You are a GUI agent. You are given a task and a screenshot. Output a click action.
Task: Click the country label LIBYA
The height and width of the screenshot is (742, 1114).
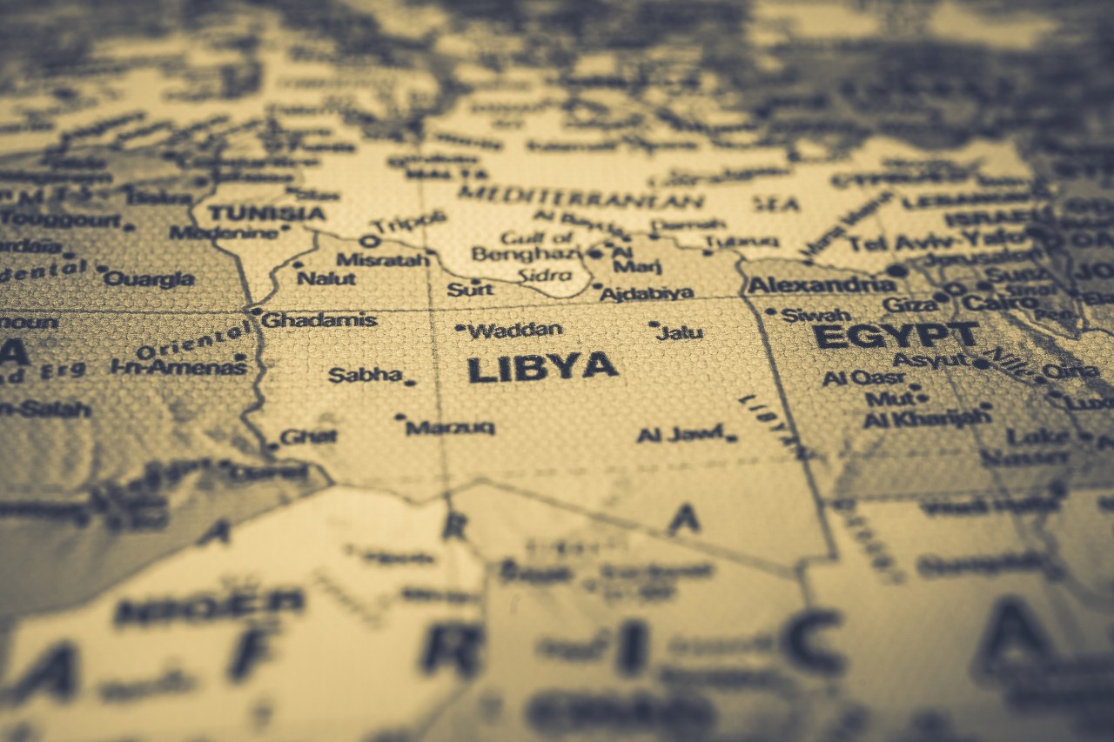(x=542, y=367)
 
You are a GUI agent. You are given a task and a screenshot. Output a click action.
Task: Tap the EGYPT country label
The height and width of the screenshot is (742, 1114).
(x=896, y=336)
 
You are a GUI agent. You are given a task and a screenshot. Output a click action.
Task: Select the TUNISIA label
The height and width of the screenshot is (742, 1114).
(x=266, y=213)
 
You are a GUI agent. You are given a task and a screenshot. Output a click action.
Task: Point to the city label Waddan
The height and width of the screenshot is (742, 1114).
(x=515, y=331)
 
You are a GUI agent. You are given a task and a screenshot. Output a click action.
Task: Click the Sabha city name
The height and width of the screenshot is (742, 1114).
(x=365, y=375)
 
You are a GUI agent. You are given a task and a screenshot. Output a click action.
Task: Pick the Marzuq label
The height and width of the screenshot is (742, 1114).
(x=450, y=427)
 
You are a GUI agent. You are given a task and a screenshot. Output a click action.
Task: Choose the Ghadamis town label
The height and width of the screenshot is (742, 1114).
(x=319, y=320)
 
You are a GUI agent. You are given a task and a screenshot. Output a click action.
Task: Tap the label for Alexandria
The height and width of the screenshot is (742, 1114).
(x=821, y=284)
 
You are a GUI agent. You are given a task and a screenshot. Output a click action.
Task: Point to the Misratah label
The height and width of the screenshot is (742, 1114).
(x=383, y=259)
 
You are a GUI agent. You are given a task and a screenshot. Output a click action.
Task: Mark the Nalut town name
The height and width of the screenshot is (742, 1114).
(x=326, y=278)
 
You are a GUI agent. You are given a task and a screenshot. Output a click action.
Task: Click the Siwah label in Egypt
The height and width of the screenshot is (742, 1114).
(x=815, y=314)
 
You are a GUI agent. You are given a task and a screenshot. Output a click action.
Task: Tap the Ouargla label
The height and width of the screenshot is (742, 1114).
(x=149, y=278)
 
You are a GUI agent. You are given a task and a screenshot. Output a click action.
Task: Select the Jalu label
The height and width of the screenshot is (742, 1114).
(x=681, y=332)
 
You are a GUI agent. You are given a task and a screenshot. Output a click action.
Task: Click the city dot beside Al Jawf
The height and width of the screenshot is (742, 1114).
(x=732, y=438)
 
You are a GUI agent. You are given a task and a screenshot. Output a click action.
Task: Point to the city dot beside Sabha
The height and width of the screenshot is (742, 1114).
(x=409, y=382)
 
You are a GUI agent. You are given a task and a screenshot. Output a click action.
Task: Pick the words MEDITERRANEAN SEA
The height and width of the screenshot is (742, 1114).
(x=627, y=199)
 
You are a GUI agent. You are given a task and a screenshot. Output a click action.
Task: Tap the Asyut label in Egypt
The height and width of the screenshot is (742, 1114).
(x=930, y=359)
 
